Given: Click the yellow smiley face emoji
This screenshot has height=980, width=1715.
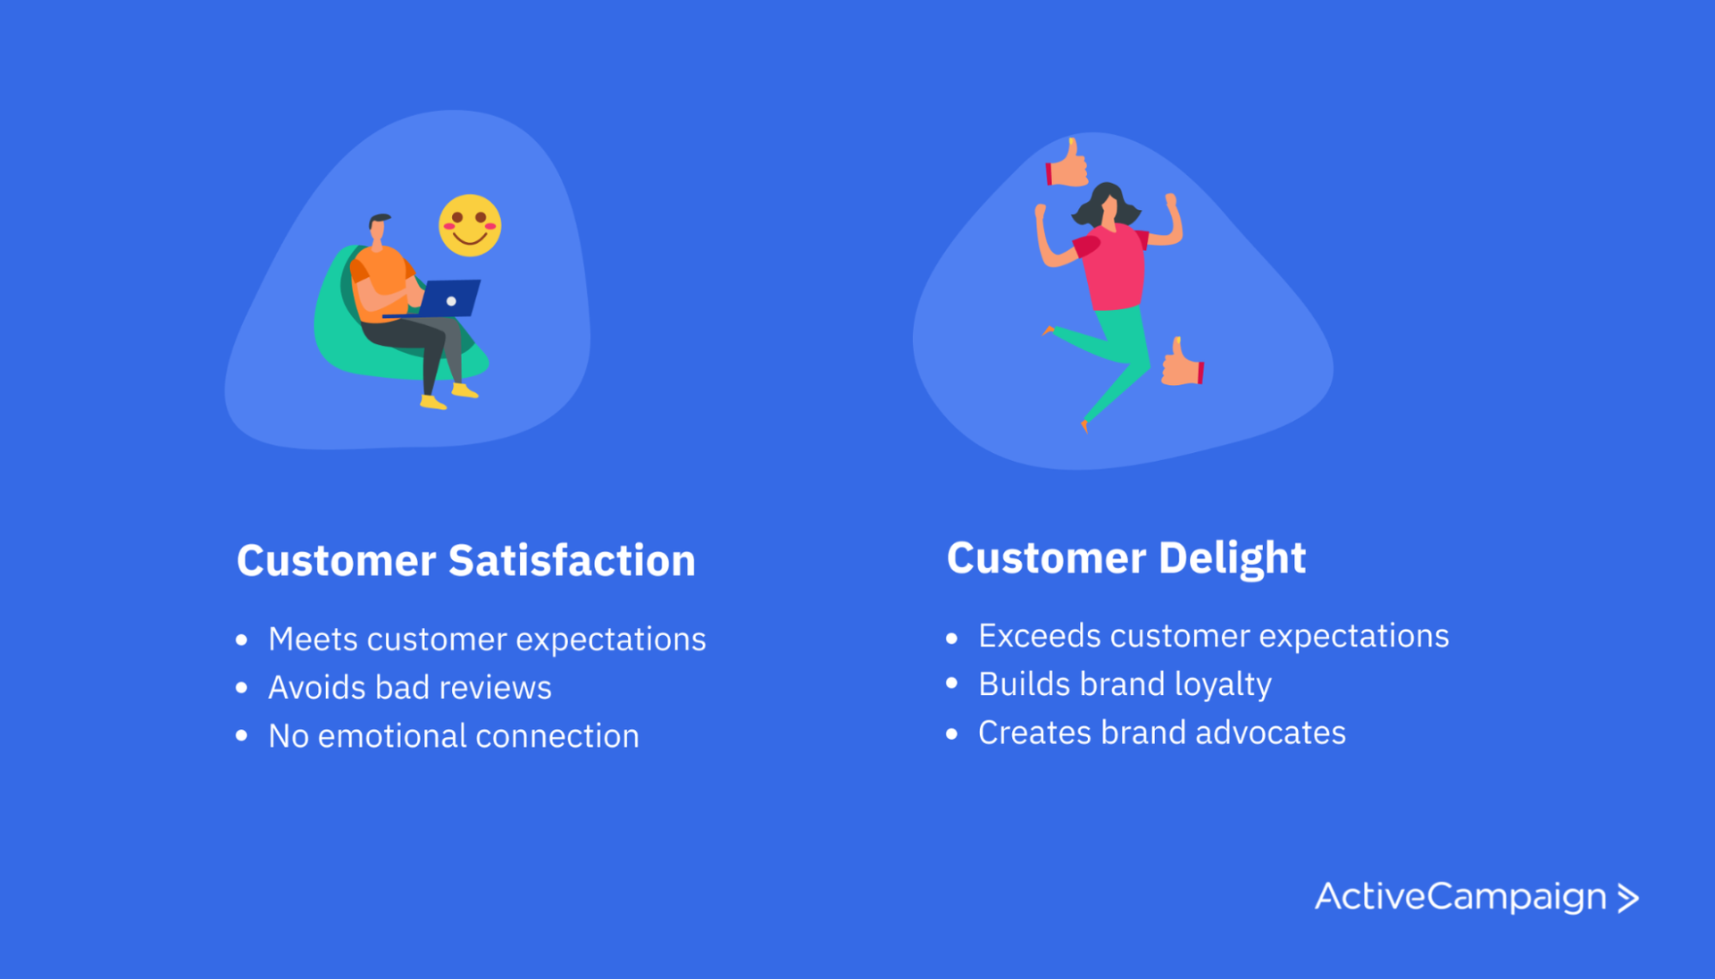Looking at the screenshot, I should [470, 225].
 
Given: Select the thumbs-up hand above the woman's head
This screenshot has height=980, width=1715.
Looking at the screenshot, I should [1067, 164].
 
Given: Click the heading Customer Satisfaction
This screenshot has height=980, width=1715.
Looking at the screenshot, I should [465, 561].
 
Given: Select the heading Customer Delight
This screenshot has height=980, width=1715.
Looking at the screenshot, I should [1125, 558].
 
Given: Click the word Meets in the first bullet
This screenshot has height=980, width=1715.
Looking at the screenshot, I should [313, 640].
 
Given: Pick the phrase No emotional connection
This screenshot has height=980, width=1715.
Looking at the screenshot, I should [453, 736].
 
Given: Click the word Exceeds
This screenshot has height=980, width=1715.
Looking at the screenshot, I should [1039, 636].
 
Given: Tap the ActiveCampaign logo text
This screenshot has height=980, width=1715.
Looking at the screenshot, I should [1460, 897].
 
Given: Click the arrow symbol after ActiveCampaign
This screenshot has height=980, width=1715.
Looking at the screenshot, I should [1628, 898].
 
